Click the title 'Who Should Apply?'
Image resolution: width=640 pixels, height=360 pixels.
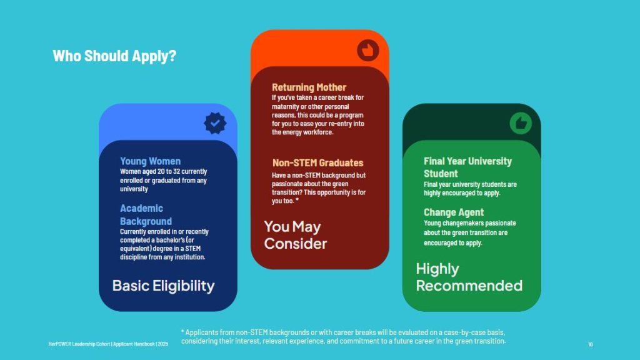tap(114, 56)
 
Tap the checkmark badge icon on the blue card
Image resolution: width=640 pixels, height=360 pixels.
tap(215, 123)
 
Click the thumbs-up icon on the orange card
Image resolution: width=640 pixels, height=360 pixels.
tap(368, 51)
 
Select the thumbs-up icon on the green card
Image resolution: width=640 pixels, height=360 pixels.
tap(520, 123)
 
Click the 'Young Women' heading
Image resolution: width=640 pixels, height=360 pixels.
tap(150, 161)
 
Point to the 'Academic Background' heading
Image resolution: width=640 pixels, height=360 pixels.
tap(146, 214)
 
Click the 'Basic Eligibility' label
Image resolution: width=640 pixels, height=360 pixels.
tap(163, 286)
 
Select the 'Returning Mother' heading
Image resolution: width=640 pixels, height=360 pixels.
tap(309, 87)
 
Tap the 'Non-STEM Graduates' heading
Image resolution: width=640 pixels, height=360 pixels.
tap(317, 162)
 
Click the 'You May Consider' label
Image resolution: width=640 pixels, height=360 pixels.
tap(295, 235)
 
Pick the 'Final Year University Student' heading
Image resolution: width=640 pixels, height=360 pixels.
tap(467, 167)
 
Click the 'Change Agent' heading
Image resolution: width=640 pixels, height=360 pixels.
tap(453, 212)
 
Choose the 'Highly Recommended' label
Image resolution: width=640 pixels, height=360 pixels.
tap(469, 277)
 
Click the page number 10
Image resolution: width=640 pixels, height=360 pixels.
tap(591, 344)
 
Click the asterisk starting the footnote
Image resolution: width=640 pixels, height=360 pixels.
tap(183, 332)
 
